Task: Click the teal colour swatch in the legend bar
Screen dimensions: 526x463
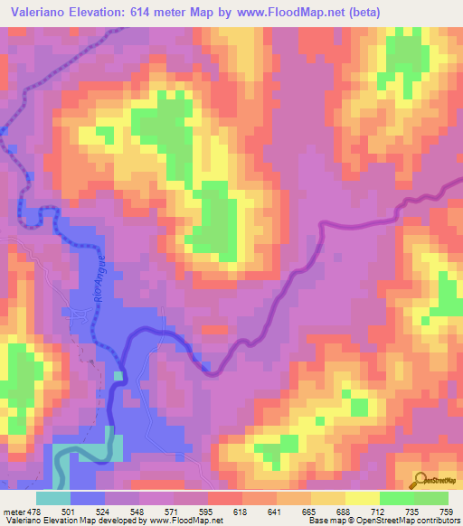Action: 53,498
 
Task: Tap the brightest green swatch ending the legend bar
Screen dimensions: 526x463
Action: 431,498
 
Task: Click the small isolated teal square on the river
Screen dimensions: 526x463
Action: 118,375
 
